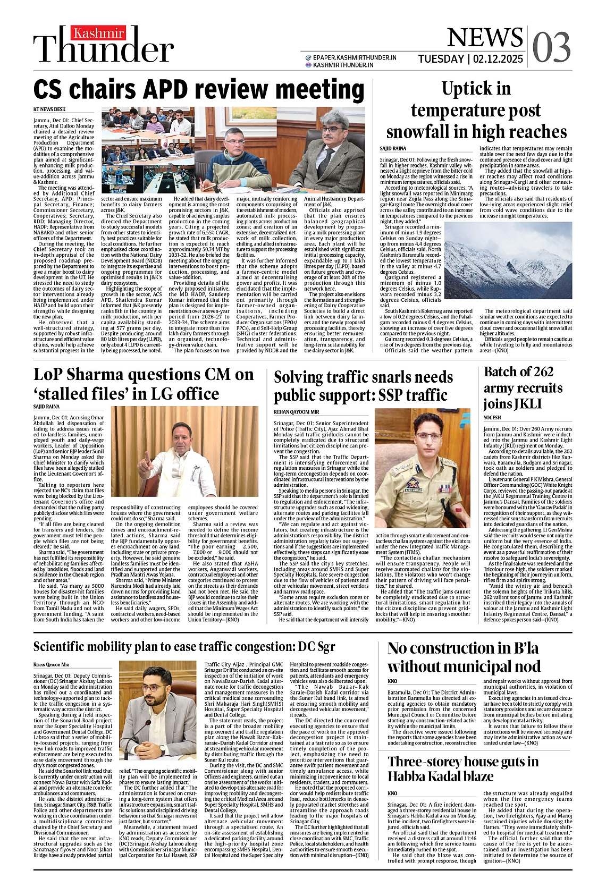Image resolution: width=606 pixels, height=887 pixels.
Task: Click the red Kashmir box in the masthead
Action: click(x=99, y=33)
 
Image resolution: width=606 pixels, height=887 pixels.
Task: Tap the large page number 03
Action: click(x=551, y=47)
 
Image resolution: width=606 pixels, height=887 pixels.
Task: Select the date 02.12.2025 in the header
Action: click(x=496, y=59)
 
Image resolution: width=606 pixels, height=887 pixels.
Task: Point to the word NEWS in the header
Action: click(x=484, y=38)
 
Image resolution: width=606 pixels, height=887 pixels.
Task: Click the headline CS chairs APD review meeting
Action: click(x=199, y=89)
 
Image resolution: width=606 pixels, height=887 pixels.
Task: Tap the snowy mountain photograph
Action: click(x=508, y=260)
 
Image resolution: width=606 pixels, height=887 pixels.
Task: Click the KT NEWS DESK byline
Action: click(x=49, y=109)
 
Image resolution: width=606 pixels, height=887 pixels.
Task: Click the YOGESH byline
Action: click(x=492, y=418)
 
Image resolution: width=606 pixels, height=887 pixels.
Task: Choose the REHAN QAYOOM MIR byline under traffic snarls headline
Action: click(x=296, y=412)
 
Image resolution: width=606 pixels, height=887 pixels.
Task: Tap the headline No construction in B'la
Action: click(x=464, y=657)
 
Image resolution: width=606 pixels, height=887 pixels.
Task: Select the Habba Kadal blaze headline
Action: click(x=462, y=768)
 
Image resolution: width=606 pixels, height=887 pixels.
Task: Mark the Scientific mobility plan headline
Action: click(x=184, y=646)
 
